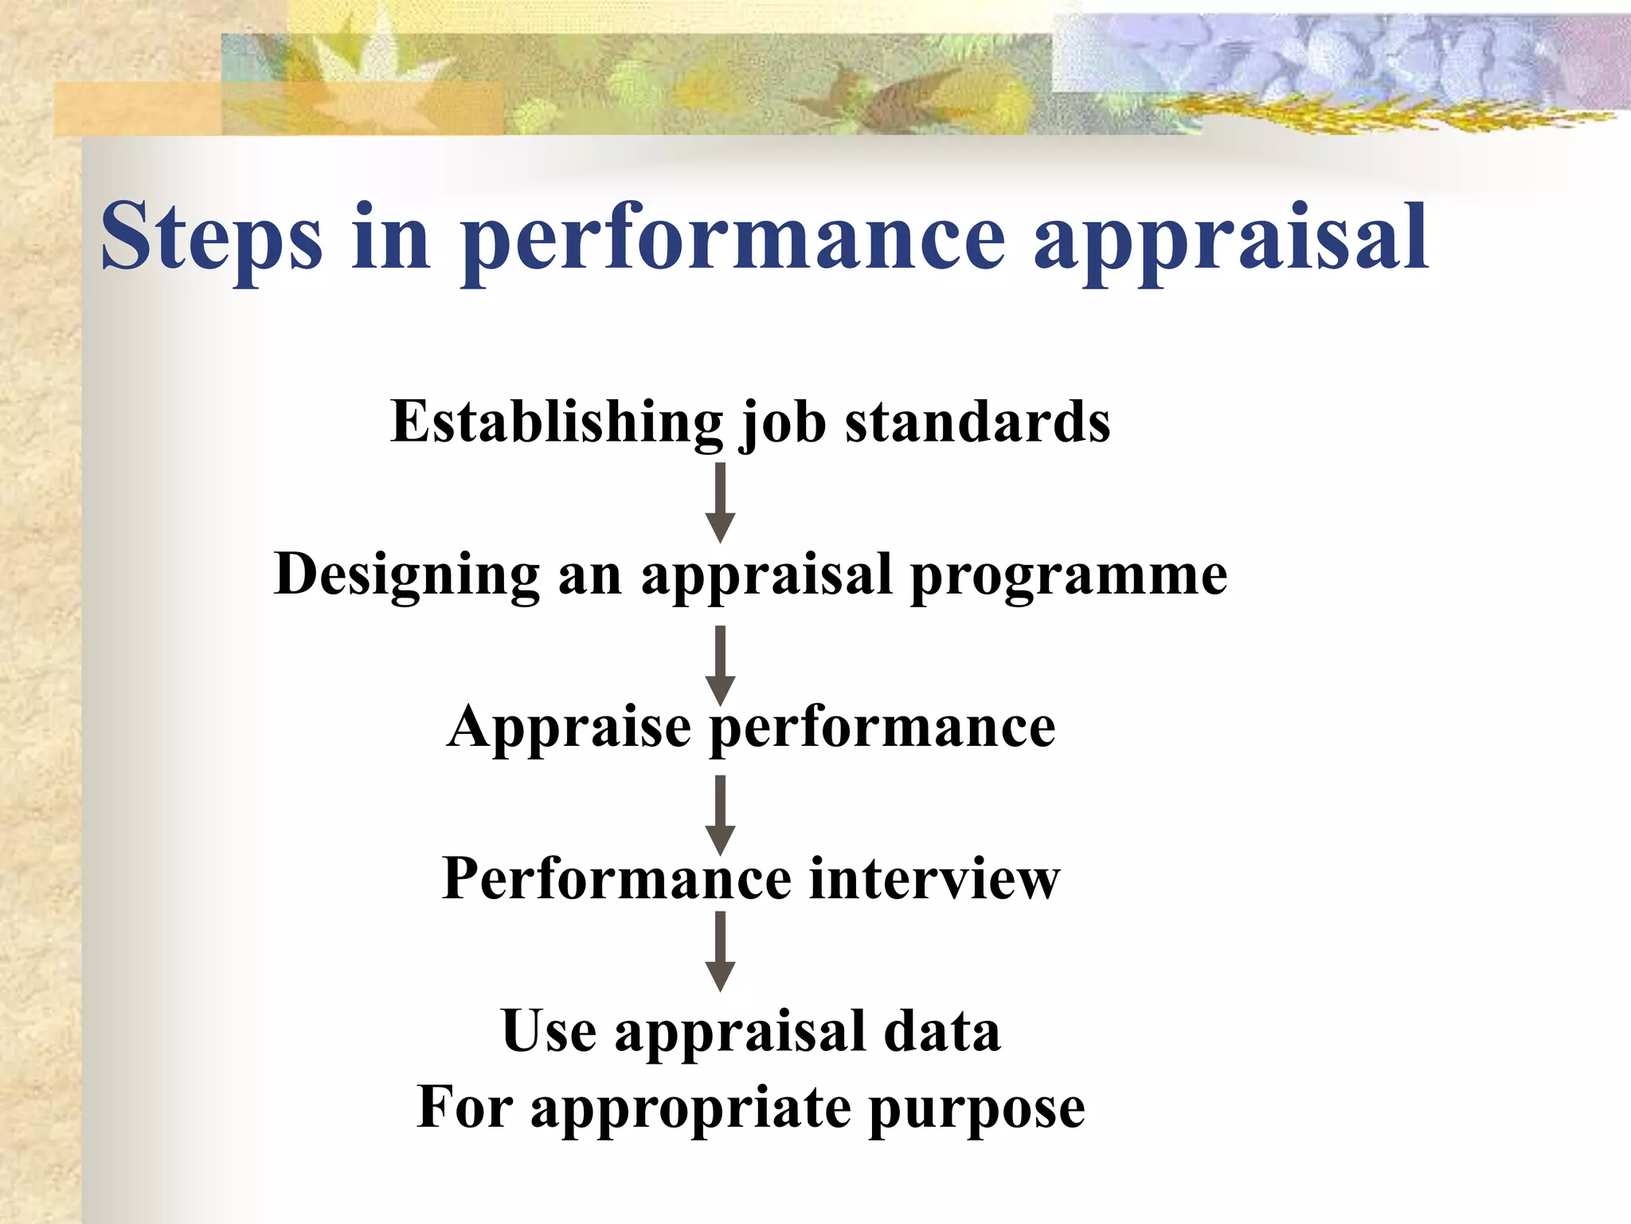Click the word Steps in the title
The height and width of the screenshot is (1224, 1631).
pyautogui.click(x=212, y=237)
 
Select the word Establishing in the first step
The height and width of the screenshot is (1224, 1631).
pyautogui.click(x=557, y=422)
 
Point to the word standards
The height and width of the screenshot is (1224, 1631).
pyautogui.click(x=977, y=422)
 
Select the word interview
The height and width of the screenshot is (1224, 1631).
pyautogui.click(x=935, y=879)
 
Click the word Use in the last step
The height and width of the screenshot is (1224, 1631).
pyautogui.click(x=549, y=1031)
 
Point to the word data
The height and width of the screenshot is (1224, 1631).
pyautogui.click(x=942, y=1031)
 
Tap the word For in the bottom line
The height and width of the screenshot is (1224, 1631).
pyautogui.click(x=464, y=1108)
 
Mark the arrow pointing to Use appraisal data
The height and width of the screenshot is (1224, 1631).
pyautogui.click(x=720, y=951)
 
